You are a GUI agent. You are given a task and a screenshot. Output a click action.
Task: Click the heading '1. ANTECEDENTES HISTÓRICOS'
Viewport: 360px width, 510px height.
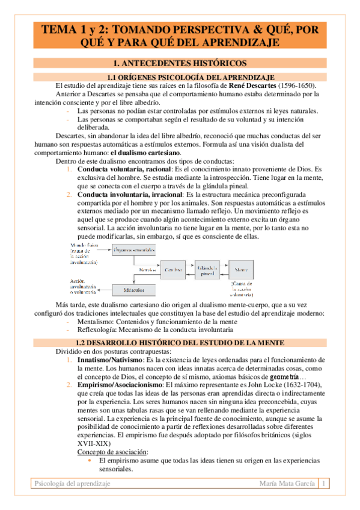pos(180,63)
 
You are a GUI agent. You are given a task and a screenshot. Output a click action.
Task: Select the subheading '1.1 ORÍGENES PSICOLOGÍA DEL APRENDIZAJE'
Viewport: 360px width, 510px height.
pos(191,77)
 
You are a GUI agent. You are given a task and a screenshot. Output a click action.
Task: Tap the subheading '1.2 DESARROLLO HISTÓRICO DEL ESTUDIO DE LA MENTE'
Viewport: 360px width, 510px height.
pos(191,342)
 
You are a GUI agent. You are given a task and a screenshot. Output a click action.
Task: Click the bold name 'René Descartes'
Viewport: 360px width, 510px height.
pos(246,85)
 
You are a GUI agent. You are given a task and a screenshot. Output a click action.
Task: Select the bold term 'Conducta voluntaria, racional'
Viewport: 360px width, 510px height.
pos(124,170)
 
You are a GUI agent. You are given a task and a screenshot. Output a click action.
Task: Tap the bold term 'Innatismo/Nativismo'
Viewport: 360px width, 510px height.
pos(106,359)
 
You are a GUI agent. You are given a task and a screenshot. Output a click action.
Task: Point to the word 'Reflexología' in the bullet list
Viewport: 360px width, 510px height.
pos(99,330)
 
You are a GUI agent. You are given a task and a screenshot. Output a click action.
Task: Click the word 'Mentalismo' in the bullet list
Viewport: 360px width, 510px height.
pos(97,322)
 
